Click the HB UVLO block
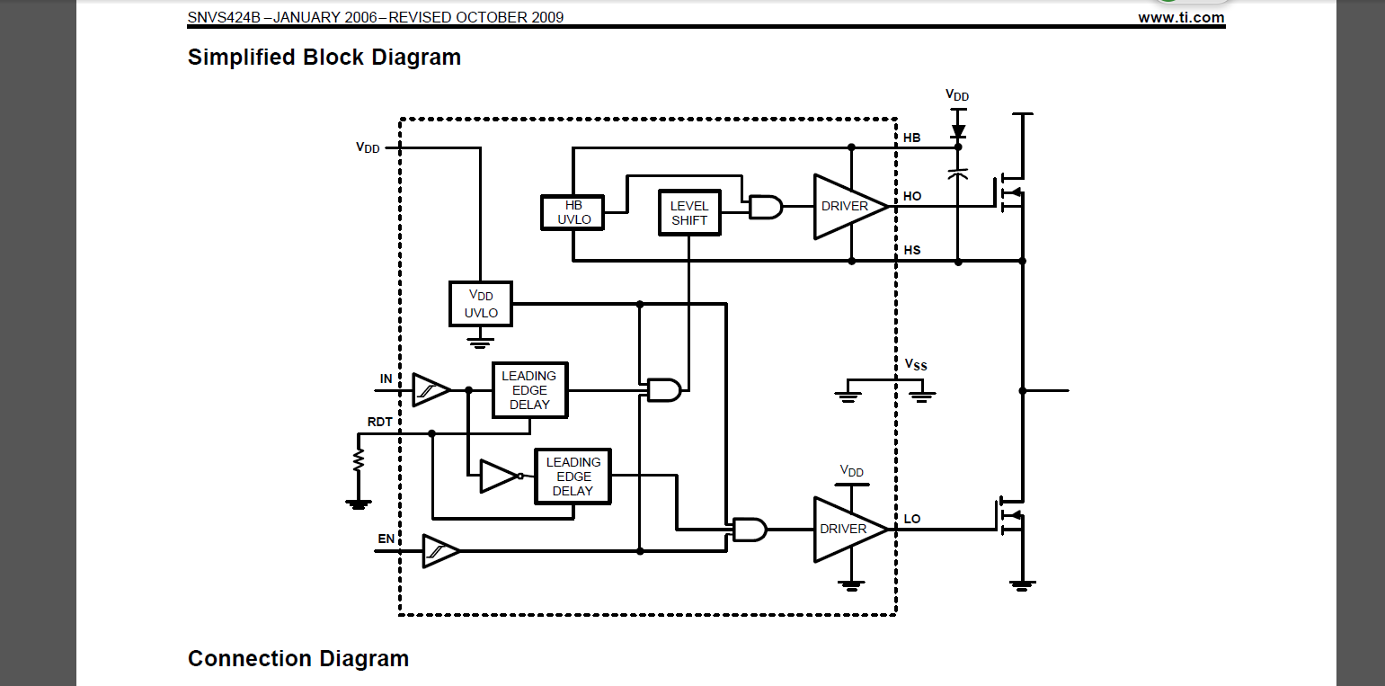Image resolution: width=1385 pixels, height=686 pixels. (573, 212)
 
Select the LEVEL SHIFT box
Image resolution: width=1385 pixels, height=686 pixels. (689, 213)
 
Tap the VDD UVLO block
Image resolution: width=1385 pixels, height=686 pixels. (481, 304)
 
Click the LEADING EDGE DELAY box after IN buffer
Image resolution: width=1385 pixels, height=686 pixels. (530, 390)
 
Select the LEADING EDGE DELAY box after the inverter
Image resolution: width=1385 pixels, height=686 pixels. (573, 477)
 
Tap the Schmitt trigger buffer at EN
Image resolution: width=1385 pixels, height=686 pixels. (440, 550)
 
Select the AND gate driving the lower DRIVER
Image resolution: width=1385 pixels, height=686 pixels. (750, 529)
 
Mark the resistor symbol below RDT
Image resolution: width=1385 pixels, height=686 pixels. (359, 460)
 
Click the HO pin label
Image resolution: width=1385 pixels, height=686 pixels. (912, 196)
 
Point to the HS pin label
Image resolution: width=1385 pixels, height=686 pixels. (912, 250)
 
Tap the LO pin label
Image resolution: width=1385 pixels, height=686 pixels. (912, 519)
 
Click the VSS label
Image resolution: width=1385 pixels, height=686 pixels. (916, 365)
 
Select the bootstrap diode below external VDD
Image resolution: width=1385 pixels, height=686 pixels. (958, 131)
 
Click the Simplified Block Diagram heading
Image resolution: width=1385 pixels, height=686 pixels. (324, 58)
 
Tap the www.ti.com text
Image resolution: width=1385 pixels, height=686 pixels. (1181, 17)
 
